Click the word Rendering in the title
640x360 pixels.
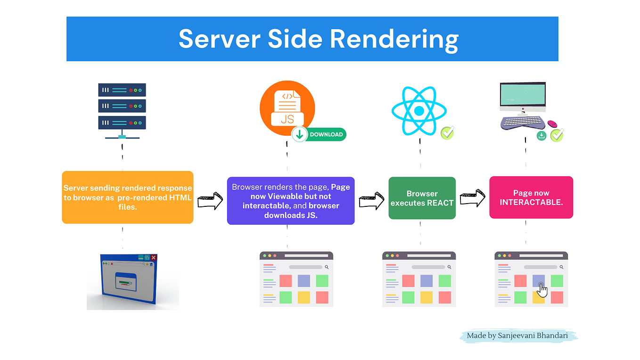[394, 40]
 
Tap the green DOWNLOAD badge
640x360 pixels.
[319, 135]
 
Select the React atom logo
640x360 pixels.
[419, 111]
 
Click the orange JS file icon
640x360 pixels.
[287, 108]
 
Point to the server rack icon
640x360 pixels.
[122, 111]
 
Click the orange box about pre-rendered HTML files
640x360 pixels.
[128, 197]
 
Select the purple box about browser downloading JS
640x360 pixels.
[291, 201]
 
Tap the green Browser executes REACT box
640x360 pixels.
[422, 198]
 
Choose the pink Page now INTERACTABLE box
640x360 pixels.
[531, 197]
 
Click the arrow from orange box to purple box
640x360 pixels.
[210, 201]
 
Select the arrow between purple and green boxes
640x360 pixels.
[371, 201]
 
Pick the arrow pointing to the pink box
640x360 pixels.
[473, 198]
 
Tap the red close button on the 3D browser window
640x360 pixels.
[154, 257]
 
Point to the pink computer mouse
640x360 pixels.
[552, 124]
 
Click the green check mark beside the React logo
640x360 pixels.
[447, 133]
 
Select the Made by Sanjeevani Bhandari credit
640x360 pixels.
[517, 335]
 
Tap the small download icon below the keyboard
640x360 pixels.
[542, 136]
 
